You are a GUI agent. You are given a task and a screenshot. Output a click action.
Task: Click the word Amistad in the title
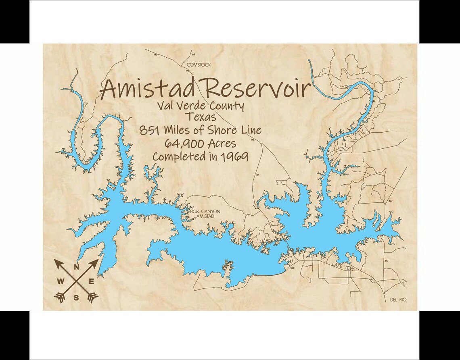pos(148,88)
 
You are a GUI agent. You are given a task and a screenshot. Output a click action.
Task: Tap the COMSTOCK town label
pos(199,65)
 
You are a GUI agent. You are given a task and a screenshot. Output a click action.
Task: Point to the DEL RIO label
pos(398,300)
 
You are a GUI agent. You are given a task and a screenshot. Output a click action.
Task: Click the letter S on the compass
pos(76,298)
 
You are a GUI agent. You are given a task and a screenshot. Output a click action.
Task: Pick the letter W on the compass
pos(60,281)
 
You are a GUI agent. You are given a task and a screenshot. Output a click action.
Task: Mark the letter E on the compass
pos(92,281)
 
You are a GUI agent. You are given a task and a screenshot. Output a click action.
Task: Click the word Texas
pos(201,117)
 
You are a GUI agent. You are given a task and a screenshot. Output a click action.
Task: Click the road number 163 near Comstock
pos(193,54)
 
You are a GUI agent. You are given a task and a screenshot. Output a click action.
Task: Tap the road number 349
pos(292,268)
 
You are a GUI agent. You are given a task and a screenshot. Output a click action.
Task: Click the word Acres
pos(222,143)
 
